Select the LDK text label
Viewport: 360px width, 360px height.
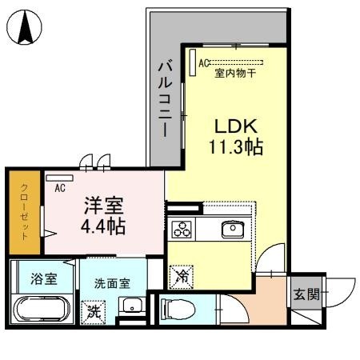[x=233, y=126]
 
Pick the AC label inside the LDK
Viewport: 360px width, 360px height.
[x=204, y=62]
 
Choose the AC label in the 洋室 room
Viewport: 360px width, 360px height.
[x=59, y=189]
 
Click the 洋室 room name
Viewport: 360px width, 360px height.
[x=103, y=205]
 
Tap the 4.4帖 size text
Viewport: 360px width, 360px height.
[x=103, y=226]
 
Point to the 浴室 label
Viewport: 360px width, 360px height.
[x=43, y=280]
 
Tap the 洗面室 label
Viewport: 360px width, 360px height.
[x=112, y=282]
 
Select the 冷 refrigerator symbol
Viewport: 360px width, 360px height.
[x=182, y=276]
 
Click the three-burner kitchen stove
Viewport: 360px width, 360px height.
[x=182, y=230]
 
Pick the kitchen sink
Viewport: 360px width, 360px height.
[x=234, y=230]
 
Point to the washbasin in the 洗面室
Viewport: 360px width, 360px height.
[x=131, y=306]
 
